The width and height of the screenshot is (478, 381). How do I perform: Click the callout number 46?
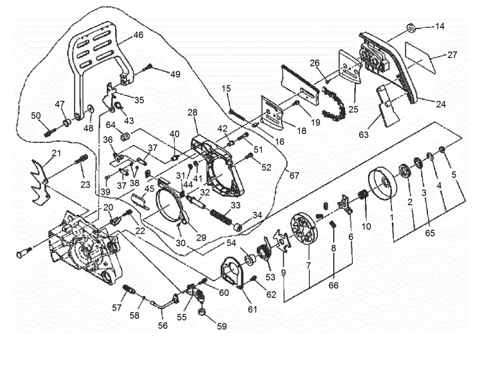[x=138, y=34]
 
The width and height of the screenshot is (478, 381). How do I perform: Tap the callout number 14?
[x=439, y=26]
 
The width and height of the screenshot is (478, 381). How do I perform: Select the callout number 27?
[x=452, y=54]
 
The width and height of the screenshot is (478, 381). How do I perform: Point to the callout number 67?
[x=294, y=175]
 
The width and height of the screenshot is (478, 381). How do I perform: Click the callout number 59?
[x=222, y=327]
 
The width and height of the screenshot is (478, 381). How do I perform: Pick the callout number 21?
[x=57, y=153]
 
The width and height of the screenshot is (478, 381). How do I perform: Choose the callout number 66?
[x=333, y=285]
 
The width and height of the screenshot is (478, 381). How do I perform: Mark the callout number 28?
[x=192, y=112]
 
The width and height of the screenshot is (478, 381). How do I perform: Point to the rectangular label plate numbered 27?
[x=420, y=58]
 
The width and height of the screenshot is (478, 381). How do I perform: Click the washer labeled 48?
[x=90, y=109]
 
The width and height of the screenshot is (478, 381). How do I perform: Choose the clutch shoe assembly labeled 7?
[x=304, y=228]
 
